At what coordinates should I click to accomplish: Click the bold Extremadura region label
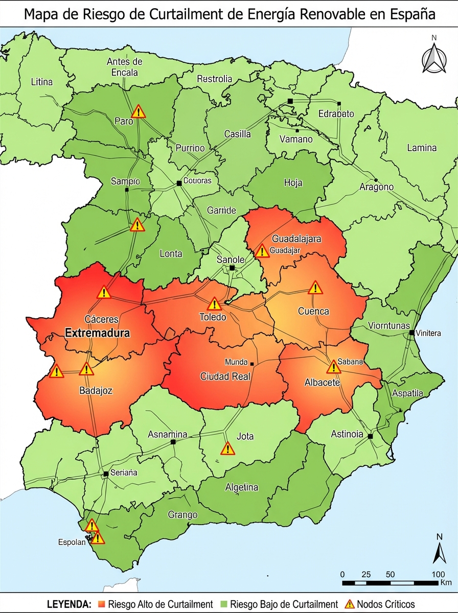tap(98, 333)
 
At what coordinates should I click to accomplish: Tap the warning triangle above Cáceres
tap(104, 293)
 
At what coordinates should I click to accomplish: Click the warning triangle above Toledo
tap(215, 304)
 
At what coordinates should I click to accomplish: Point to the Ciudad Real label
tap(225, 377)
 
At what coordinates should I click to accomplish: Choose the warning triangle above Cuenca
tap(315, 288)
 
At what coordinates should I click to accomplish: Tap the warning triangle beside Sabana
tap(334, 367)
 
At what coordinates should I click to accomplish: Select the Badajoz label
tap(96, 391)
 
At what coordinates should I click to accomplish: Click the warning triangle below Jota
tap(227, 449)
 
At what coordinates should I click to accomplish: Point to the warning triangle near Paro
tap(139, 112)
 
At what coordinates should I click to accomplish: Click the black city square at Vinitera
tap(411, 333)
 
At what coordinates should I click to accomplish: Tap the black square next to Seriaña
tap(106, 474)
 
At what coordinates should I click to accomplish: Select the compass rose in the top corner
tap(433, 58)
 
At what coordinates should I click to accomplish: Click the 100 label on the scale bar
tap(438, 574)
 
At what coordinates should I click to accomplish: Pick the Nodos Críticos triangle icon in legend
tap(350, 604)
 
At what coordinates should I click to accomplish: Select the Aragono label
tap(376, 187)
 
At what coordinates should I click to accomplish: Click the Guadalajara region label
tap(296, 239)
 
